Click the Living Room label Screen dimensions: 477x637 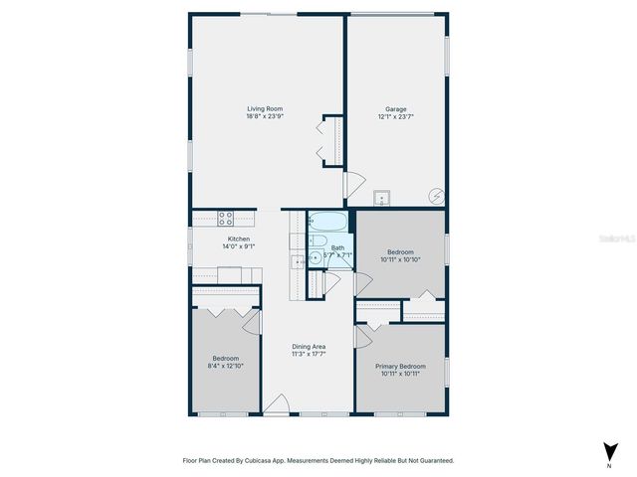(x=266, y=108)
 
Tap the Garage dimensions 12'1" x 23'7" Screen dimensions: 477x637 (x=396, y=116)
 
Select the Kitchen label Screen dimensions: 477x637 (x=239, y=238)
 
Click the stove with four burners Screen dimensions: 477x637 (x=226, y=218)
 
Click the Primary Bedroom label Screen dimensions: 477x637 (x=400, y=366)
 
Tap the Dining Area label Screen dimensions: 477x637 (x=309, y=346)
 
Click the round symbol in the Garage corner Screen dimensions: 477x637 (x=434, y=195)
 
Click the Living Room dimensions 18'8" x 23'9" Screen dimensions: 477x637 (x=266, y=116)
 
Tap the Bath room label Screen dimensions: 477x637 (x=338, y=247)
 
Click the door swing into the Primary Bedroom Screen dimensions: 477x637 (x=362, y=339)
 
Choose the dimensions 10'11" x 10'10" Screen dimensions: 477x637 (x=400, y=259)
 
